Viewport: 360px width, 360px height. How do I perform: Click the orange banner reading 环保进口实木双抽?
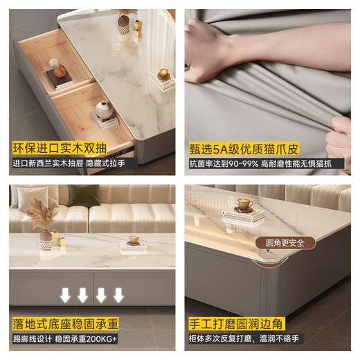pyautogui.click(x=58, y=147)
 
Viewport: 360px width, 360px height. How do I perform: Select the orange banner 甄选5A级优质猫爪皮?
pyautogui.click(x=240, y=147)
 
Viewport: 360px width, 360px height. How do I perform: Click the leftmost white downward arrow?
pyautogui.click(x=65, y=295)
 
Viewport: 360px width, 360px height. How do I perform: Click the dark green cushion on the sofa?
pyautogui.click(x=82, y=196)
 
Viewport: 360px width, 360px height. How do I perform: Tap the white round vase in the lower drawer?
pyautogui.click(x=102, y=109)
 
